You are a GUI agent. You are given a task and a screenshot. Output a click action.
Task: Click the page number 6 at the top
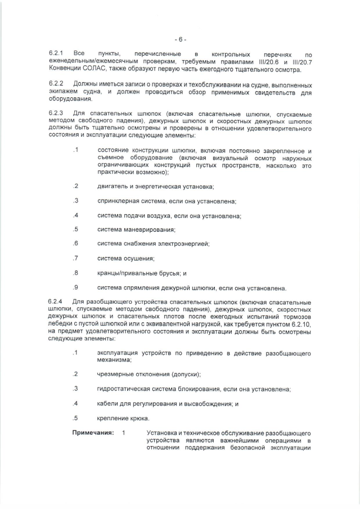(180, 39)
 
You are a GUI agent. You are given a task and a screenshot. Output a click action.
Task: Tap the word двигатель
(113, 186)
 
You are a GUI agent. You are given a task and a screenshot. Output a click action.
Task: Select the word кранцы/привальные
(130, 273)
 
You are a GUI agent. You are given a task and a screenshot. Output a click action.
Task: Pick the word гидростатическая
(124, 389)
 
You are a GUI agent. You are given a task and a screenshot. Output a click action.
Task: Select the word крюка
(138, 418)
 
